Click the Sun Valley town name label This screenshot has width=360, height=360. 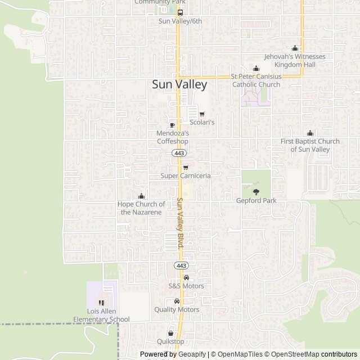tap(179, 85)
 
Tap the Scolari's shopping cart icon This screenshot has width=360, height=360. tap(202, 114)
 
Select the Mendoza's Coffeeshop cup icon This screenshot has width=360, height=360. tap(172, 125)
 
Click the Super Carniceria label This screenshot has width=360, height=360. tap(186, 176)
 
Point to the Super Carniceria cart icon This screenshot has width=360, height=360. tap(186, 168)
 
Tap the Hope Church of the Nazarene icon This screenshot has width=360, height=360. tap(141, 196)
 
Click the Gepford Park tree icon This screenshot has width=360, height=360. tap(256, 192)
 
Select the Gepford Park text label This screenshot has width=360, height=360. tap(256, 201)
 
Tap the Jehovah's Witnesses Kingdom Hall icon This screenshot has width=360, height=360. tap(295, 49)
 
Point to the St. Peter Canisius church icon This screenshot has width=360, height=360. tap(256, 69)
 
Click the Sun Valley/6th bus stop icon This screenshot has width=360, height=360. tap(180, 12)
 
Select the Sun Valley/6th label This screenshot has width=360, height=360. tap(180, 21)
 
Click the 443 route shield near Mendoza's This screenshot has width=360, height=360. tap(179, 153)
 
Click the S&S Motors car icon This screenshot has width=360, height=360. tap(186, 278)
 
